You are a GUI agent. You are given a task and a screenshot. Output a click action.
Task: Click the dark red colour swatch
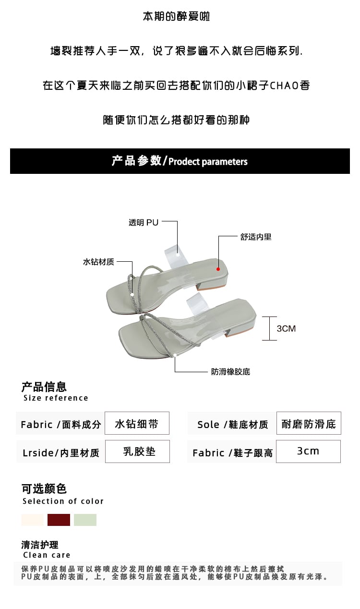tap(59, 520)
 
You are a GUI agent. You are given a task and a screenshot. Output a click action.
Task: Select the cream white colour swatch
tap(32, 520)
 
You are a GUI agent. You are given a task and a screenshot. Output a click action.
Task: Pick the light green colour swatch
tap(85, 520)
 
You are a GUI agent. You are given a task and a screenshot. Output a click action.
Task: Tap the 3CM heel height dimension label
tap(286, 329)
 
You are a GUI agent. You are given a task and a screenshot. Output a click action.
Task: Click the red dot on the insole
tap(218, 269)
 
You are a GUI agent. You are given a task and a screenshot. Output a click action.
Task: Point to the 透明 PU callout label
tap(143, 222)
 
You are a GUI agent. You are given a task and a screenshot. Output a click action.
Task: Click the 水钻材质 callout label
tap(98, 262)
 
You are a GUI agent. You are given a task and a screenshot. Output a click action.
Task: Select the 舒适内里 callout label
tap(256, 237)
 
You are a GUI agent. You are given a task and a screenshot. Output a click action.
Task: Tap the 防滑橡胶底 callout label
tap(230, 372)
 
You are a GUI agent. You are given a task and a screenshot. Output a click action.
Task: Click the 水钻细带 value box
tap(137, 424)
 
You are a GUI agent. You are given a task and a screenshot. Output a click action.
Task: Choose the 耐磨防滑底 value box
tap(309, 424)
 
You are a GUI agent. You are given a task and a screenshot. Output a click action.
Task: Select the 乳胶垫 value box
tap(137, 451)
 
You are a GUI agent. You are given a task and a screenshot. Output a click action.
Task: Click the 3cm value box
tap(308, 451)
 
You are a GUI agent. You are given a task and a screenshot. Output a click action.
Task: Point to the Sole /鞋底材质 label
tap(232, 425)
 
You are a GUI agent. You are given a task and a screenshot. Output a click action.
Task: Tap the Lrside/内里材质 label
tap(60, 453)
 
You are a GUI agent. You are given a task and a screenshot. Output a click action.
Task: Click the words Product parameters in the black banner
tap(208, 162)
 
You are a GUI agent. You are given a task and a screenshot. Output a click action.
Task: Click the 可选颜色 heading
tap(44, 489)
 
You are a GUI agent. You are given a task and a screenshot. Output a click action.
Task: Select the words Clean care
tap(47, 555)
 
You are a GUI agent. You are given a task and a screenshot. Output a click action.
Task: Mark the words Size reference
tap(56, 398)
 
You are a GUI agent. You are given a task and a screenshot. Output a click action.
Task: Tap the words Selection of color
tap(63, 501)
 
